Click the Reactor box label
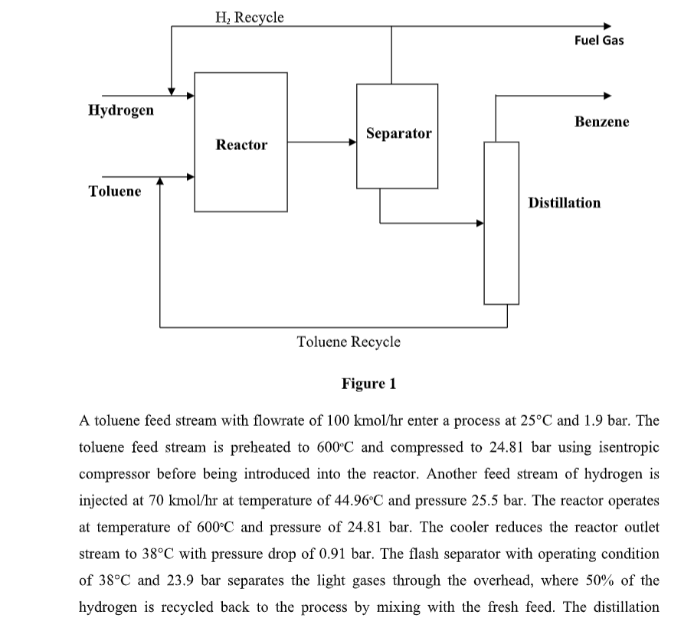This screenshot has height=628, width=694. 241,145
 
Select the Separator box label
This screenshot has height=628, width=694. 398,133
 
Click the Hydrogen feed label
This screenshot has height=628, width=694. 120,110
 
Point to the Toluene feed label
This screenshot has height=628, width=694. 115,191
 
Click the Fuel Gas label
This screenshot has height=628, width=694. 598,41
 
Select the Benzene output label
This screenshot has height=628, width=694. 601,122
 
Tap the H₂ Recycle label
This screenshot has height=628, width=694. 250,16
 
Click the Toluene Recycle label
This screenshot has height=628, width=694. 348,341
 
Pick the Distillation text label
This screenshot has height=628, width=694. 565,202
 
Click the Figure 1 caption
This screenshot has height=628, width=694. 368,383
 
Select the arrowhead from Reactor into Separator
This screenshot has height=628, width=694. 352,142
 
